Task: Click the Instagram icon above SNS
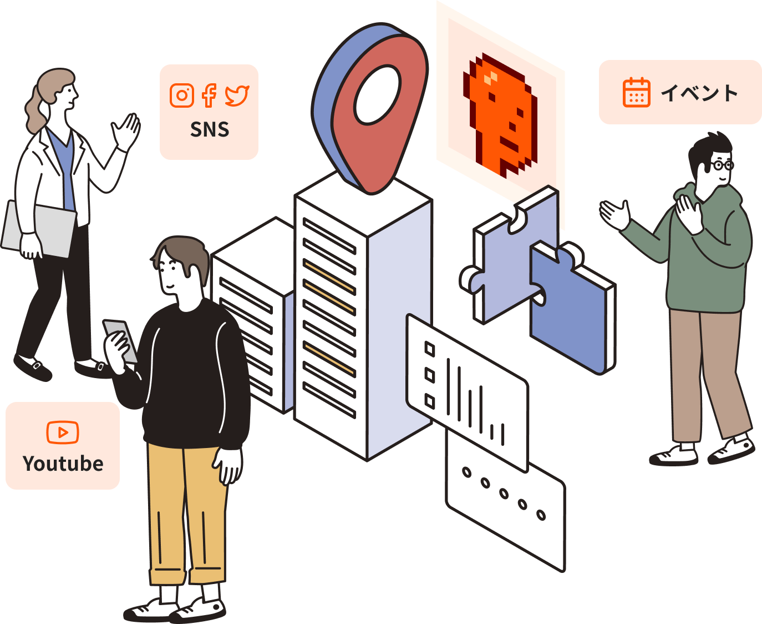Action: (x=181, y=95)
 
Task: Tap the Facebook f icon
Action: (x=209, y=95)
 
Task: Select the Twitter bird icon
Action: (x=237, y=95)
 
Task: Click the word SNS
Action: (x=209, y=129)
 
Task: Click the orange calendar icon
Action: (x=636, y=92)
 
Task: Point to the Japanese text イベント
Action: (x=699, y=93)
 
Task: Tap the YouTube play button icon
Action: (x=63, y=432)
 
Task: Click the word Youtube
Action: (x=63, y=464)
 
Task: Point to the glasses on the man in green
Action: (x=722, y=165)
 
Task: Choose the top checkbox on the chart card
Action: (x=430, y=349)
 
